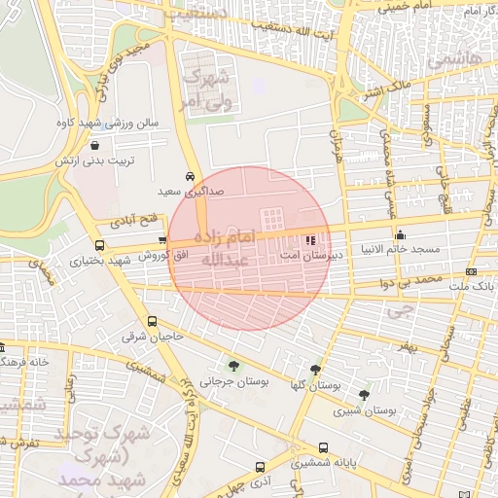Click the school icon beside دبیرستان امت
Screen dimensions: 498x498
310,239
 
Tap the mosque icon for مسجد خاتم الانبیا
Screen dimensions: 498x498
400,235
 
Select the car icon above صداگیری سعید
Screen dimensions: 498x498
190,177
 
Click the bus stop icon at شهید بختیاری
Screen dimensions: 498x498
99,246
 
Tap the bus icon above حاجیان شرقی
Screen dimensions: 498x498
151,322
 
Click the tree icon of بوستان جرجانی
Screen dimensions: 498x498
233,366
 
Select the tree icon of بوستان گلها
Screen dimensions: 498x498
315,369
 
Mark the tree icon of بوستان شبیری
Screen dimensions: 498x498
364,395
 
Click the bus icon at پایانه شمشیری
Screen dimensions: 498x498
323,448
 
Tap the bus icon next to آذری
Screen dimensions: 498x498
260,467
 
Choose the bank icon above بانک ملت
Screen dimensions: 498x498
472,271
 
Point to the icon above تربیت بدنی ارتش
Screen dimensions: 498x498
93,144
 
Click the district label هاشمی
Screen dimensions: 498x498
461,60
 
